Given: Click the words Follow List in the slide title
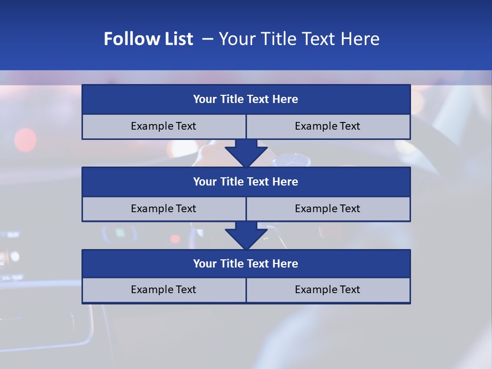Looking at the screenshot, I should click(148, 39).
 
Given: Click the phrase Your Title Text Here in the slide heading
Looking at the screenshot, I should click(299, 39).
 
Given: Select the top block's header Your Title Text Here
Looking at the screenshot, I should click(245, 99).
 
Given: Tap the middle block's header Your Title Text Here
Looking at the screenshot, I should click(245, 181).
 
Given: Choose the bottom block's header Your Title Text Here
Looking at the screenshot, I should click(245, 263).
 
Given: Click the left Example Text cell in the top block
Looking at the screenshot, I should click(163, 126).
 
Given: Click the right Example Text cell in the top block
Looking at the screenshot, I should click(327, 126).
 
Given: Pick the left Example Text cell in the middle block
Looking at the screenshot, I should click(163, 209).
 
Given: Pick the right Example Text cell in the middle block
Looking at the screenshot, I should click(327, 209).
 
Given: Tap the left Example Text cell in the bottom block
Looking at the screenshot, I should click(163, 290).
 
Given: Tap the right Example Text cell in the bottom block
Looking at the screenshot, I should click(327, 290).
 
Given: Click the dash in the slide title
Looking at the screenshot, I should click(208, 39).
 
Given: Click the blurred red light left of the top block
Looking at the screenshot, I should click(26, 139).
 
